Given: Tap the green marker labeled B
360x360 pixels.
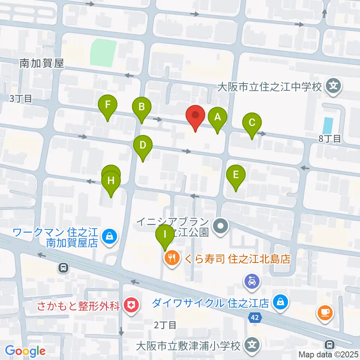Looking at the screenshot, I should (x=142, y=107).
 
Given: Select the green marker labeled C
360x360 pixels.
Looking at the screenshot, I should (x=252, y=123).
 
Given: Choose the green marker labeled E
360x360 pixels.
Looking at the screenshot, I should (x=236, y=175).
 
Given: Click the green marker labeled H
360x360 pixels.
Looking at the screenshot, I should (x=111, y=181).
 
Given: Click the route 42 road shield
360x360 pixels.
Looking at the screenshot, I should (x=255, y=318).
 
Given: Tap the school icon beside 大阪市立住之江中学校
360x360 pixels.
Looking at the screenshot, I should (x=333, y=87).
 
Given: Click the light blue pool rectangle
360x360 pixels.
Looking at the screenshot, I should (x=327, y=125).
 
